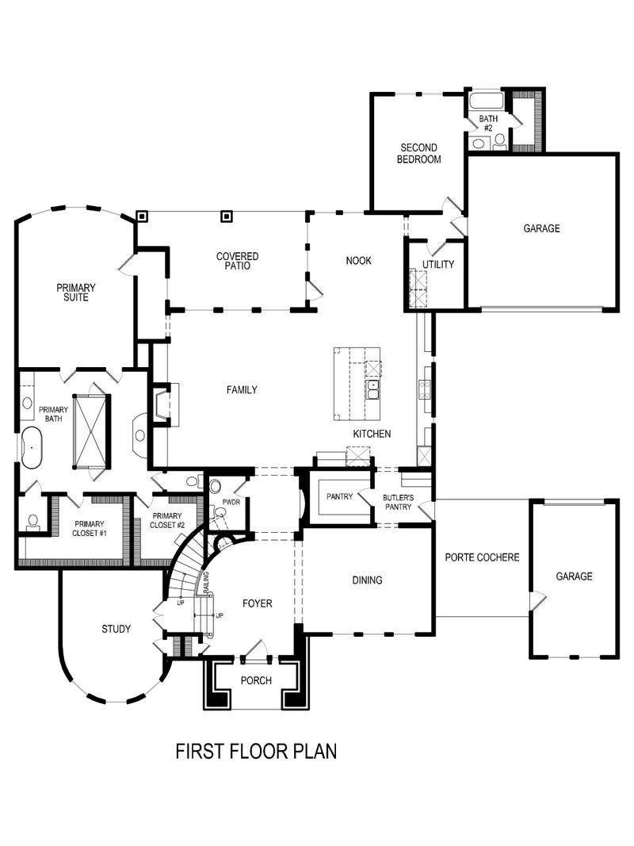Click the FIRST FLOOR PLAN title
coord(256,750)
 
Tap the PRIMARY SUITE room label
coord(76,293)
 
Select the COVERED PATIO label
coord(238,261)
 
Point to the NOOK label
coord(358,261)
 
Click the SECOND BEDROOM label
coord(419,153)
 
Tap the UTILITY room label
coord(437,264)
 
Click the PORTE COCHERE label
coord(482,557)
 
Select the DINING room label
coord(367,580)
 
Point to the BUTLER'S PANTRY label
coord(398,502)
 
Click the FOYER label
coord(257,603)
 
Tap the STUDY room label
coord(116,629)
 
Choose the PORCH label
coord(256,680)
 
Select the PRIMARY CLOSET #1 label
coord(90,528)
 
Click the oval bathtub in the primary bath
coord(32,448)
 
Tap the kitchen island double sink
coord(373,389)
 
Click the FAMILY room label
coord(242,389)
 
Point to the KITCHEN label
coord(372,434)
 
